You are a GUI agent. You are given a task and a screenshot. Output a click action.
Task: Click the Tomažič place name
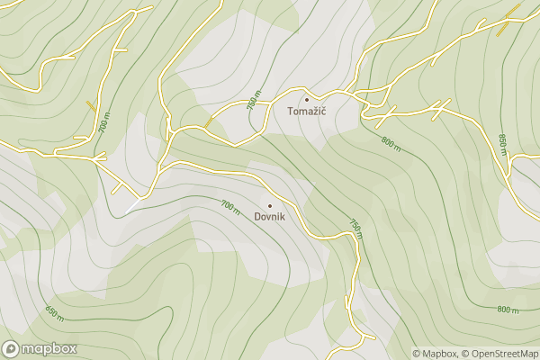coord(306,112)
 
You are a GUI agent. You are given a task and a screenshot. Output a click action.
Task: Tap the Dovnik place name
coord(270,217)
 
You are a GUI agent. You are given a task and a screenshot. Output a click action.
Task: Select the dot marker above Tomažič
coord(306,99)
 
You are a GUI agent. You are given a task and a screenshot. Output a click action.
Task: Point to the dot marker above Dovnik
coord(269,205)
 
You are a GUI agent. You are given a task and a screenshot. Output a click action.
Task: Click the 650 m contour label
coord(54,314)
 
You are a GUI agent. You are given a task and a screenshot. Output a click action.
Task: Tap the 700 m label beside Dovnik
coord(229,206)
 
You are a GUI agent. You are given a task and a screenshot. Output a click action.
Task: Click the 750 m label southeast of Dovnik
coord(355,229)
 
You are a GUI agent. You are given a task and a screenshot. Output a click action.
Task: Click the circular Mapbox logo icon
coord(11,349)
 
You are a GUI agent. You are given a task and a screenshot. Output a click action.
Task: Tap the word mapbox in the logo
coord(49,349)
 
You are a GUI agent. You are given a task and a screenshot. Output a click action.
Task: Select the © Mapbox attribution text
coord(435,354)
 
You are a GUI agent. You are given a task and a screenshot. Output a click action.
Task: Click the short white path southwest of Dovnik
coord(132,206)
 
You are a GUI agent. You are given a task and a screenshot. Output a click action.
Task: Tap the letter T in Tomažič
coord(290,112)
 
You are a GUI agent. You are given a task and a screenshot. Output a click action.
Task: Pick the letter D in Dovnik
coord(257,217)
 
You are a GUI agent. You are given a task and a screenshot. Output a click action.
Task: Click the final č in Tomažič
coord(322,112)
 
